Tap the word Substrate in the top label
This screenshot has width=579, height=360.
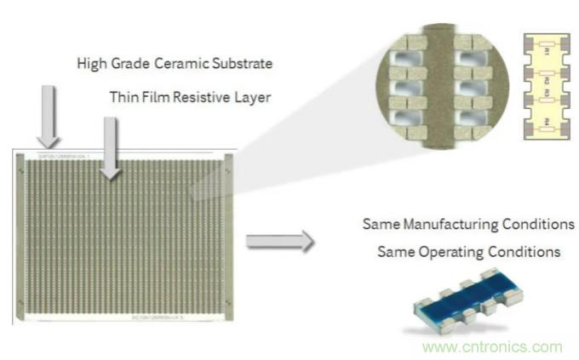click(247, 64)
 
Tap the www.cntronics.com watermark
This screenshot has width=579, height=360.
click(492, 346)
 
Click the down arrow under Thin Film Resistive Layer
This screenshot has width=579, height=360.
click(109, 148)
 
